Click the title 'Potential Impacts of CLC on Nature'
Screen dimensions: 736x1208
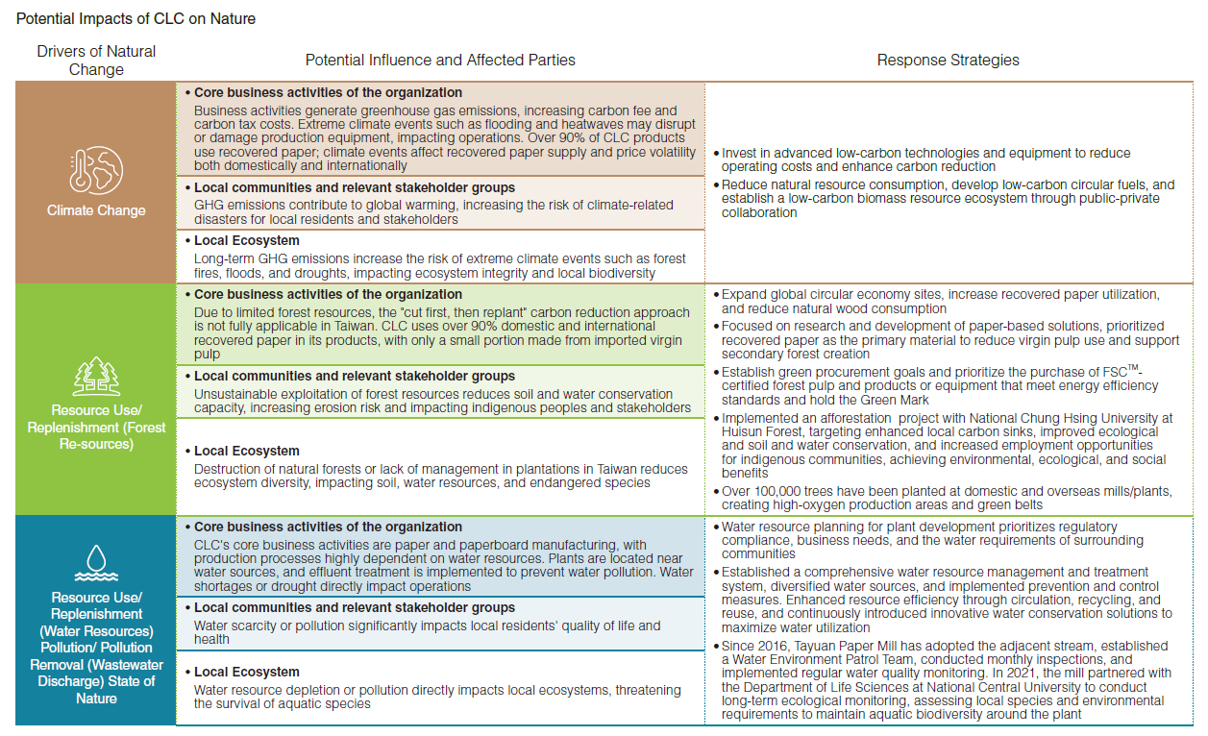point(136,19)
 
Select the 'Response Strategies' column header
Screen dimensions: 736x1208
point(948,60)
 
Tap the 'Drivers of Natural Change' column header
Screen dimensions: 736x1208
point(96,60)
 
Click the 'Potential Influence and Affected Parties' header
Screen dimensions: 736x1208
point(440,60)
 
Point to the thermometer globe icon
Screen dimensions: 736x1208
point(96,170)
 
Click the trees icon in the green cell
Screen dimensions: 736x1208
point(96,374)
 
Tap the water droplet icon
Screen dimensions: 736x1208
point(96,561)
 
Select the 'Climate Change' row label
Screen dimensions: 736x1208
point(96,210)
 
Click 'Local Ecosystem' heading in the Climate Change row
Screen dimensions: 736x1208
point(247,241)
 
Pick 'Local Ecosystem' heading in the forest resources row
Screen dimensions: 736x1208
point(247,452)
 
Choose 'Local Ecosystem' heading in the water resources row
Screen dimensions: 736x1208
point(247,673)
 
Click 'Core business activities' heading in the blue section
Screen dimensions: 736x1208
point(328,527)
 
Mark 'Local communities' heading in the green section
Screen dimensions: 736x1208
point(355,377)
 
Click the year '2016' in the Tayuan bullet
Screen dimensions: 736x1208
point(775,647)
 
